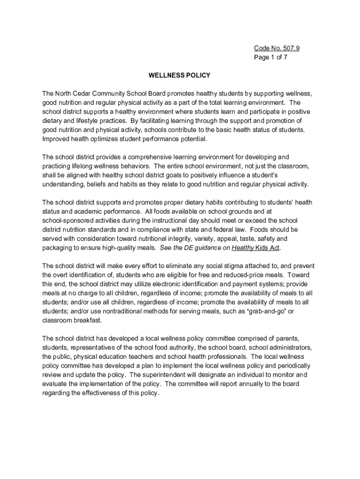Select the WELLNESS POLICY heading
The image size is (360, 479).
(x=180, y=75)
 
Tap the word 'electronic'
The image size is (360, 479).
(x=158, y=284)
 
